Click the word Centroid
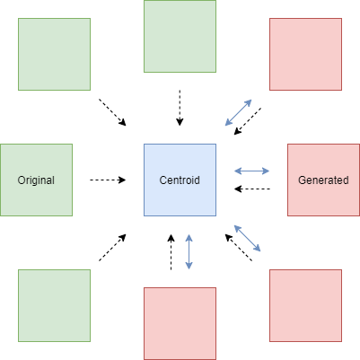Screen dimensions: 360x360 pos(180,180)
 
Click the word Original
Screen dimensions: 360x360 pos(36,180)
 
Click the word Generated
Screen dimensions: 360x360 pos(323,180)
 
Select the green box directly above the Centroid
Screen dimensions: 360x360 pos(180,36)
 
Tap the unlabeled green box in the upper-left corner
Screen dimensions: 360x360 pos(54,54)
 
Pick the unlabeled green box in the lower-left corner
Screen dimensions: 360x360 pos(54,305)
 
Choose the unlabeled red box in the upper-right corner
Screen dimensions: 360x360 pos(305,54)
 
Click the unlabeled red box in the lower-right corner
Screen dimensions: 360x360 pos(305,305)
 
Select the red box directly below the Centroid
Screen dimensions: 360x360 pos(180,323)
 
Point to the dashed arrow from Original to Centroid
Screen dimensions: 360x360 pos(108,180)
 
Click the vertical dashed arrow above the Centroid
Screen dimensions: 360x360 pos(180,108)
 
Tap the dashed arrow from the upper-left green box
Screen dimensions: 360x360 pos(112,112)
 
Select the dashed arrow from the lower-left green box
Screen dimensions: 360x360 pos(112,248)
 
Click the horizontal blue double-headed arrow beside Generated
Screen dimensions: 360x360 pos(251,171)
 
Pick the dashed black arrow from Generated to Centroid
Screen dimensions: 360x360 pos(252,189)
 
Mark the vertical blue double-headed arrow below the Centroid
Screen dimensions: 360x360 pos(189,252)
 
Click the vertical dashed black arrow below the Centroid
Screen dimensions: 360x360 pos(171,252)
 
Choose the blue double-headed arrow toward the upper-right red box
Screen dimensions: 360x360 pos(238,112)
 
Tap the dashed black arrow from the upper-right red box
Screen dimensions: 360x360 pos(248,121)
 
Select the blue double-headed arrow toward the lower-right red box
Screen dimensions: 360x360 pos(247,238)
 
